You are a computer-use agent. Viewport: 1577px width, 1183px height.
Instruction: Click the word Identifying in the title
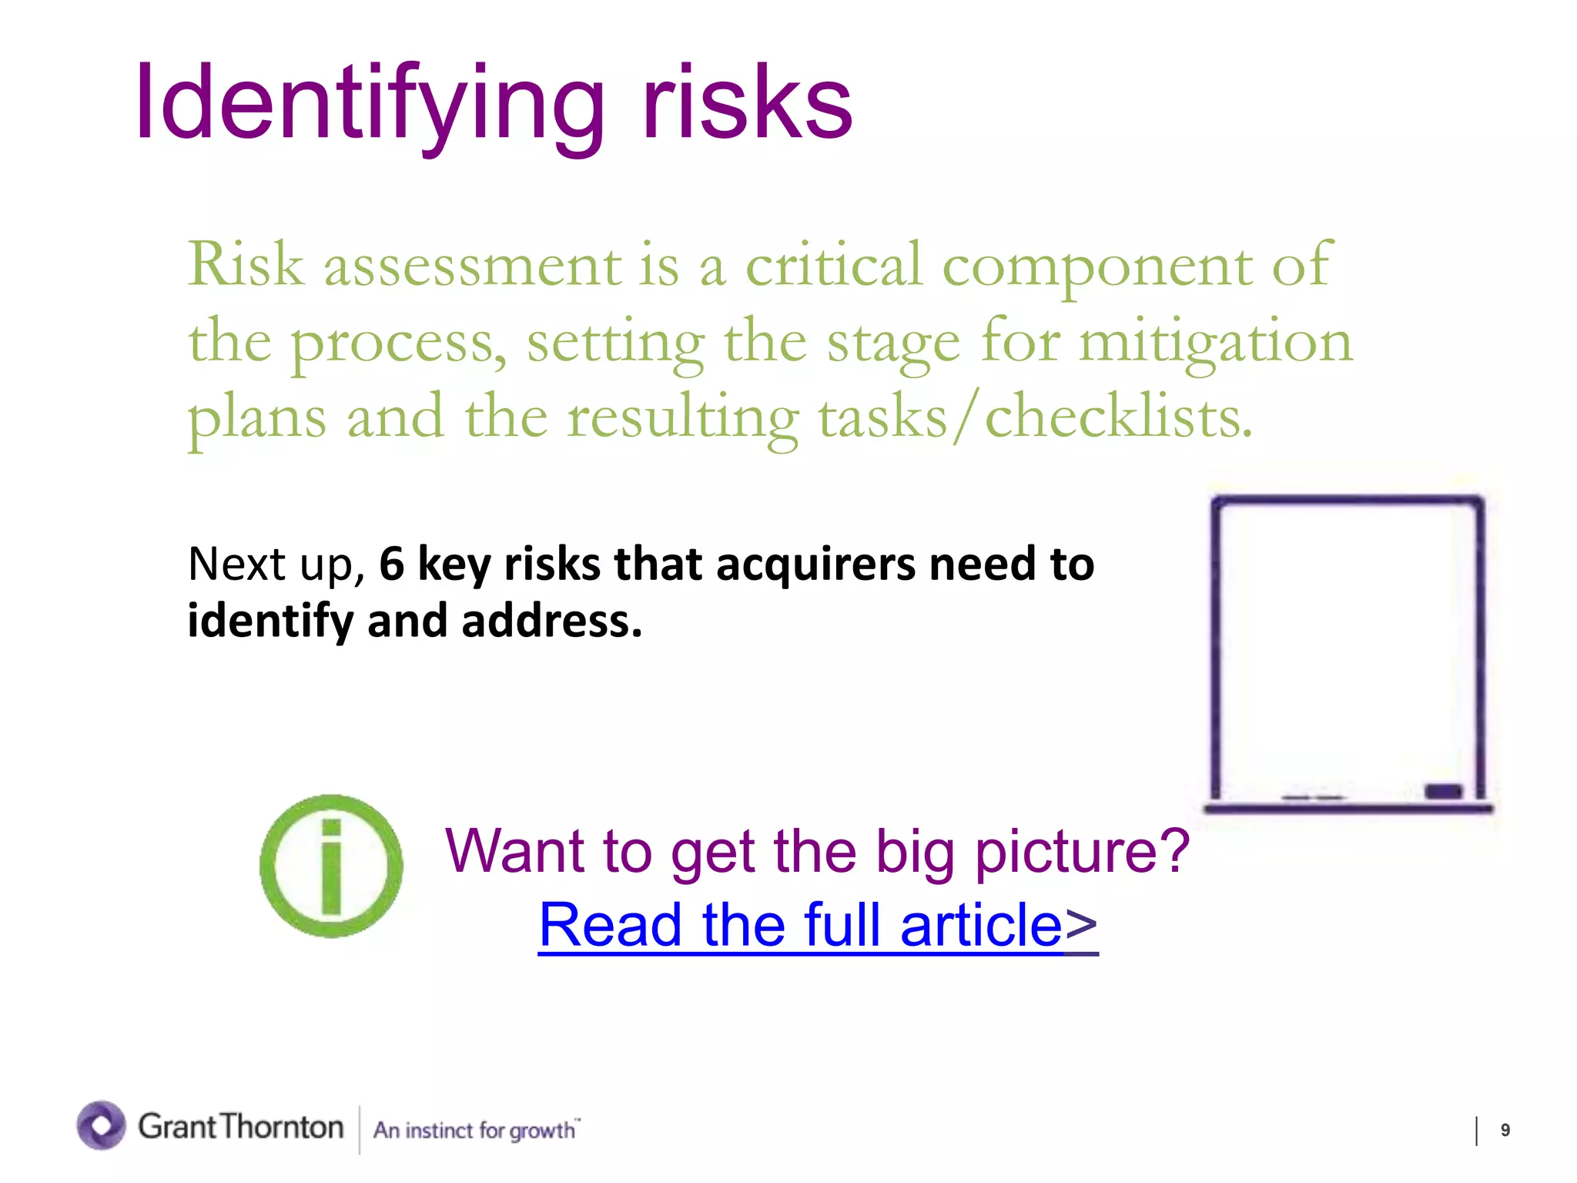click(x=370, y=104)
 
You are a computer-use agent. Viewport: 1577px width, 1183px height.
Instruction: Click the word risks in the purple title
click(x=747, y=104)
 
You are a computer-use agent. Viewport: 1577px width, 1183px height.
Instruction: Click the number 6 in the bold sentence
click(x=392, y=564)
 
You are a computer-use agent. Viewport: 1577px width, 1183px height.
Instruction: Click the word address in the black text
click(x=551, y=621)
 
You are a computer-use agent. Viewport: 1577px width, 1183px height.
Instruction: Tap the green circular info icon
click(x=331, y=866)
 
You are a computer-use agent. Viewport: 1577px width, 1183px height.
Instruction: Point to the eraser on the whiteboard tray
click(x=1443, y=791)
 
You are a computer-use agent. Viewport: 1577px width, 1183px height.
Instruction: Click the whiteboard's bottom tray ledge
click(x=1348, y=808)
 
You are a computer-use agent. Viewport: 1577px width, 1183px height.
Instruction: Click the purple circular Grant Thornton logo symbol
click(x=101, y=1125)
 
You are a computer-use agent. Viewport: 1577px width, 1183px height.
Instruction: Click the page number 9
click(x=1505, y=1130)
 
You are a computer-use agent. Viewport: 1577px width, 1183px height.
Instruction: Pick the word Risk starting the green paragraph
click(x=246, y=265)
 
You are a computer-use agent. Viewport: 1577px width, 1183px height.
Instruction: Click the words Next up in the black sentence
click(x=274, y=565)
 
